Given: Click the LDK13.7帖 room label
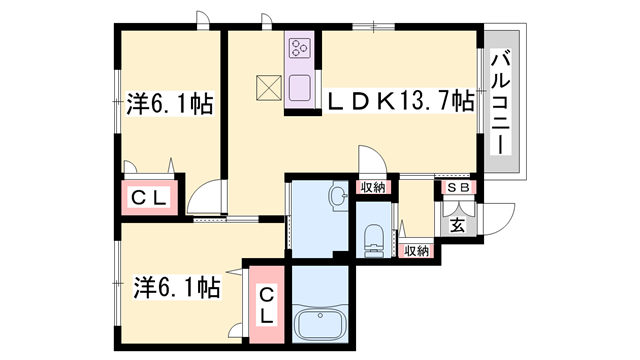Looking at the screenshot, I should click(396, 100).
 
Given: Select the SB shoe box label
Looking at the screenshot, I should click(458, 187).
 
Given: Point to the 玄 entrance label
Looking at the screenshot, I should click(457, 225).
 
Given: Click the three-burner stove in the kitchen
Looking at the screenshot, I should click(300, 48).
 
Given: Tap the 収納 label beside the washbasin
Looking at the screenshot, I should click(373, 187).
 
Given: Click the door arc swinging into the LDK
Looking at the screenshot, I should click(368, 160).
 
